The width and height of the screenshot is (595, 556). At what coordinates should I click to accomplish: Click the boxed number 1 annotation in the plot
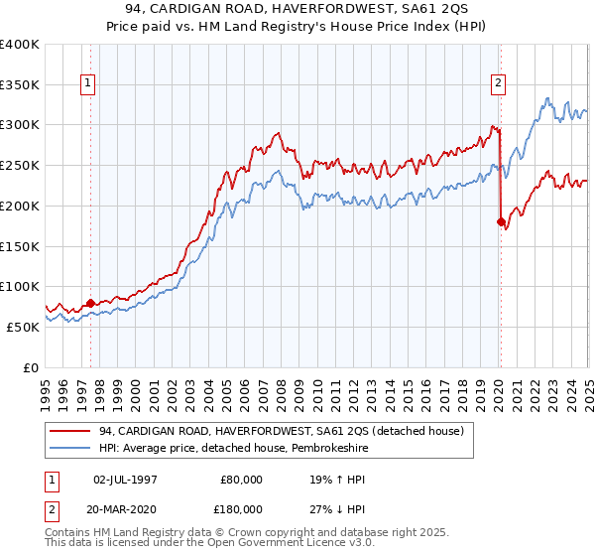[90, 84]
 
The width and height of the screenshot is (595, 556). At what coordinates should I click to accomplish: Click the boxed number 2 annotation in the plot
[497, 84]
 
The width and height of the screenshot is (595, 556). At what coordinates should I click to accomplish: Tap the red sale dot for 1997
[90, 303]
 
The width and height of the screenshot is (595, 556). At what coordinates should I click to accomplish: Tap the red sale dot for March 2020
[501, 221]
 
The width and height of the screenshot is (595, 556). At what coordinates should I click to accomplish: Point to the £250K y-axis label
[20, 166]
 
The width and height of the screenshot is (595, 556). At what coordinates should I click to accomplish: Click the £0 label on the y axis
[32, 367]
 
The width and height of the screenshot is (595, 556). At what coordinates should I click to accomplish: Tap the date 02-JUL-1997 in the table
[125, 479]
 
